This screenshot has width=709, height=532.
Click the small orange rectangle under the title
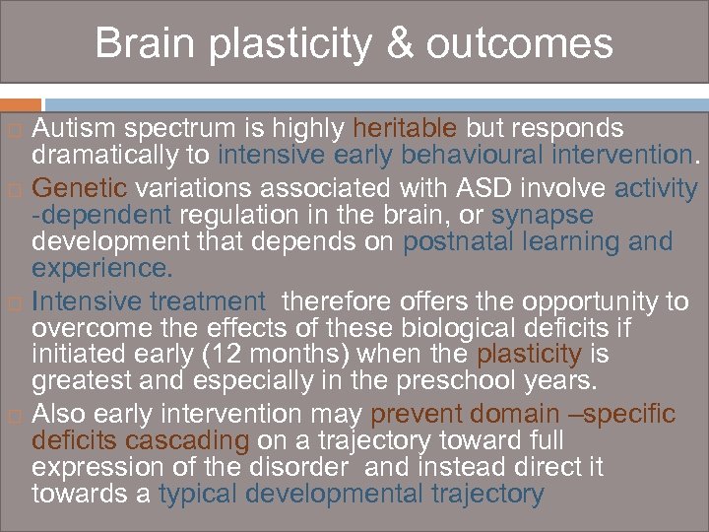tap(21, 103)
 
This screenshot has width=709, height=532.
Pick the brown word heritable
tap(405, 129)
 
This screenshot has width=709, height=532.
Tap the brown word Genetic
tap(80, 188)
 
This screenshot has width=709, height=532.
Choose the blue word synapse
tap(543, 214)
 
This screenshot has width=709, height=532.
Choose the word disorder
tap(297, 466)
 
